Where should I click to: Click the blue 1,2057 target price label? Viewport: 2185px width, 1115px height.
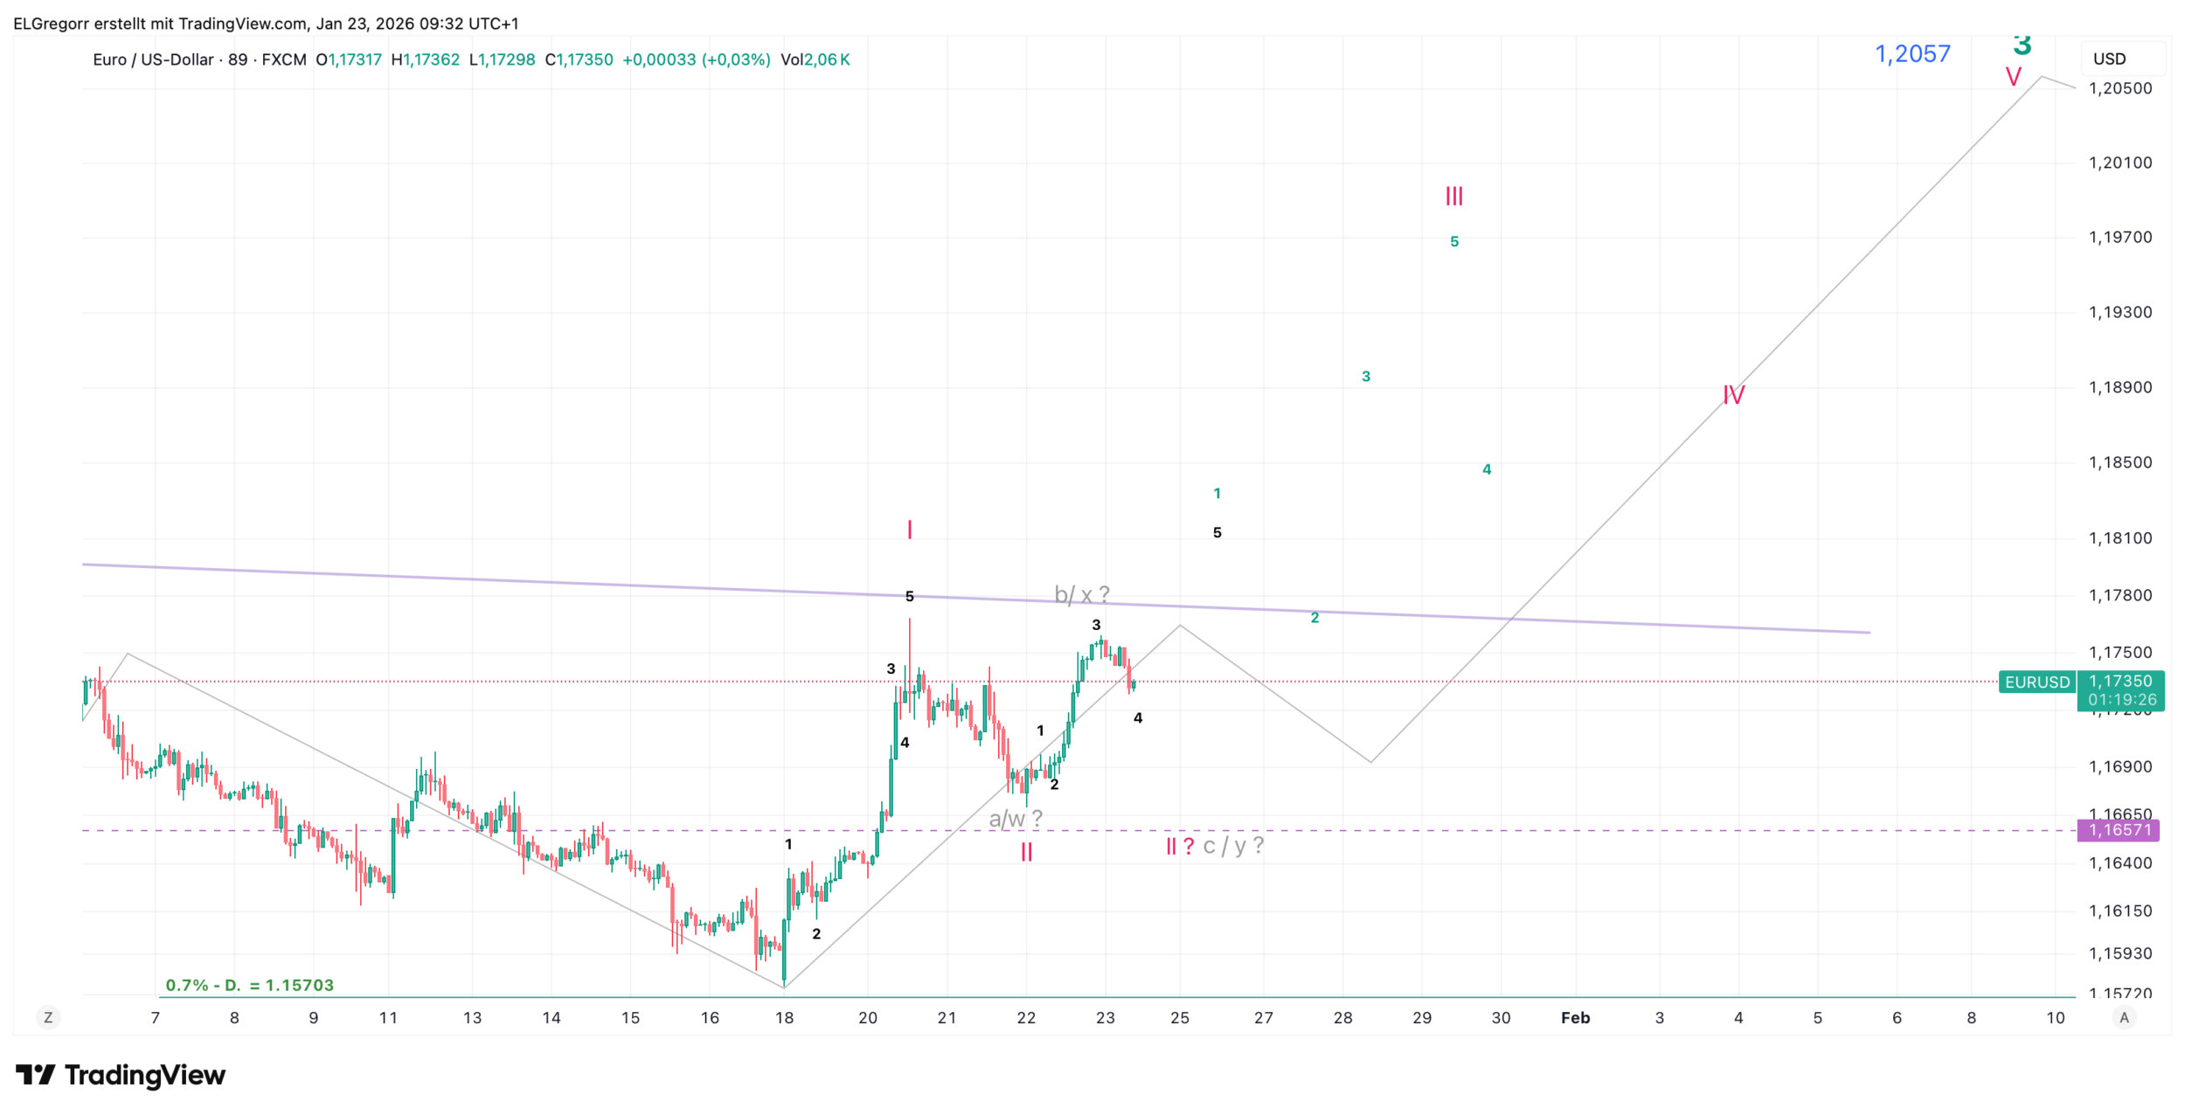(x=1911, y=54)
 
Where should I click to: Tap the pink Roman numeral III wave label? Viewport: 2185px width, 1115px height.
(x=1453, y=196)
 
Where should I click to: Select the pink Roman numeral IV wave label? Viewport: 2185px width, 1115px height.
(x=1733, y=395)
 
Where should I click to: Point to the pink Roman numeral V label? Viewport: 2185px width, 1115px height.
(x=2013, y=77)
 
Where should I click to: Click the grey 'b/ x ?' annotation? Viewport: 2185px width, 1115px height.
(x=1081, y=595)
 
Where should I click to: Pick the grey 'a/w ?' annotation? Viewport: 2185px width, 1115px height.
(x=1015, y=819)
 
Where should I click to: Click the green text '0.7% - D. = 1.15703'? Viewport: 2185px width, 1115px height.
(x=249, y=985)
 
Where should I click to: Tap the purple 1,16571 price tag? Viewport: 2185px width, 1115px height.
(x=2119, y=830)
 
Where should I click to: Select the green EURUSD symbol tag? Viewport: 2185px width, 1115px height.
(x=2036, y=682)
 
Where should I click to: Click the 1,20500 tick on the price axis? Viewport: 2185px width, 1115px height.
(x=2119, y=88)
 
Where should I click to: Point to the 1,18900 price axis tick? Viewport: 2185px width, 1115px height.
(x=2119, y=387)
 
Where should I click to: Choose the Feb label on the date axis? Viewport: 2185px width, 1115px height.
(x=1575, y=1018)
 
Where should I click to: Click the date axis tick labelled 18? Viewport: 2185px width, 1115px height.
(x=784, y=1018)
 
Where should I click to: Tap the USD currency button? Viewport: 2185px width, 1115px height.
(x=2109, y=59)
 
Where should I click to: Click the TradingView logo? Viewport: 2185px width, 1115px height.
(x=121, y=1075)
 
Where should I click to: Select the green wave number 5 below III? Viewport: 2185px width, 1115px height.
(x=1454, y=241)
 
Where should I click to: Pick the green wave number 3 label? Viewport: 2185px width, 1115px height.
(x=1366, y=377)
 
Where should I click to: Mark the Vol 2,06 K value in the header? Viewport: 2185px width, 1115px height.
(x=815, y=59)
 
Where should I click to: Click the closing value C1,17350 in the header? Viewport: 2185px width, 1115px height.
(x=579, y=59)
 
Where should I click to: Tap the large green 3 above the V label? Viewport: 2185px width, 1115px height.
(x=2022, y=44)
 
